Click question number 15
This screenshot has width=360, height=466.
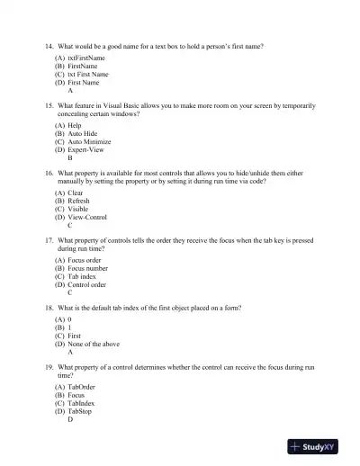pyautogui.click(x=49, y=105)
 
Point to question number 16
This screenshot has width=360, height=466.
pyautogui.click(x=49, y=172)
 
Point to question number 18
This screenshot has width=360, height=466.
pyautogui.click(x=49, y=307)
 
